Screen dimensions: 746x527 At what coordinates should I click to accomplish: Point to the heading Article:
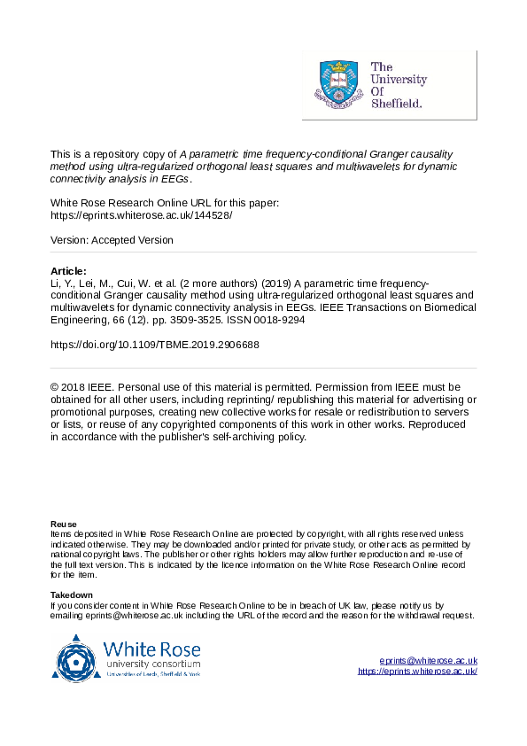(x=69, y=271)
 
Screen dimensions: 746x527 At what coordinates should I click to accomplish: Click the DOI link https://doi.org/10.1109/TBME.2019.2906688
(x=155, y=345)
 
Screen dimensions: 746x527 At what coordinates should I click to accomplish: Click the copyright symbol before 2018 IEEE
(x=55, y=387)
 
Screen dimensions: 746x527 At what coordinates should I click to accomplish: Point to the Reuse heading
(x=64, y=524)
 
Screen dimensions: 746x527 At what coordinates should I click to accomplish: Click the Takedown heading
(x=72, y=594)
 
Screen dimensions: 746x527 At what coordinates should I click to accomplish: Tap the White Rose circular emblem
(x=79, y=658)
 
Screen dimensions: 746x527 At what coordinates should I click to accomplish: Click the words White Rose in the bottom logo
(x=152, y=649)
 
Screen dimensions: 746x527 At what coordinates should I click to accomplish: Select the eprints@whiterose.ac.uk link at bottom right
(x=428, y=661)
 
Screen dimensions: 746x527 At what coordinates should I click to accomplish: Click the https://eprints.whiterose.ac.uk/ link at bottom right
(x=417, y=672)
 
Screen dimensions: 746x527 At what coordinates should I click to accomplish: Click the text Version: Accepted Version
(x=112, y=240)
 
